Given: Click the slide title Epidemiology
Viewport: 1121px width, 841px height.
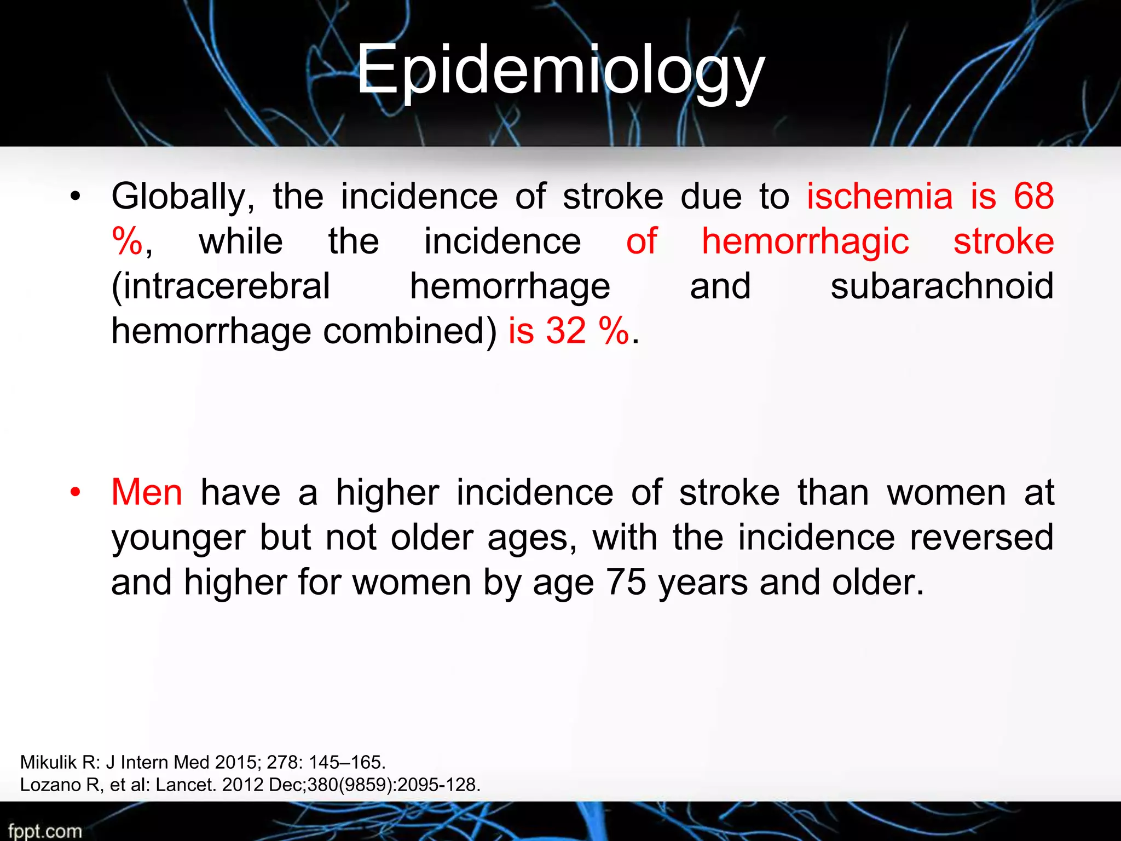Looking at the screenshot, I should (x=560, y=71).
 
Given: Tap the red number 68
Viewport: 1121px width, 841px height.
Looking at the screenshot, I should (x=1033, y=196).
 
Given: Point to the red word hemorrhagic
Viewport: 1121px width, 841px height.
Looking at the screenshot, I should (x=805, y=242).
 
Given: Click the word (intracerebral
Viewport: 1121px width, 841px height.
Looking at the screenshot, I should (x=221, y=286).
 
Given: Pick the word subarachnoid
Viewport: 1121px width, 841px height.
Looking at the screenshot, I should (x=941, y=286).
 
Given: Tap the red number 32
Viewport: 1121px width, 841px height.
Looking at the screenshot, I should (x=566, y=331).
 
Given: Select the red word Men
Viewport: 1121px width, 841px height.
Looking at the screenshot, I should (x=147, y=492).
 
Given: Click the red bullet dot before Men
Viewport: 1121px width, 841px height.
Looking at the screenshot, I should (x=76, y=492).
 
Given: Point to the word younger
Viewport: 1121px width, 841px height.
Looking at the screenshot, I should (x=178, y=538).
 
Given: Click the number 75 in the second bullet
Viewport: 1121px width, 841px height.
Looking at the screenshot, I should (x=626, y=582).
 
